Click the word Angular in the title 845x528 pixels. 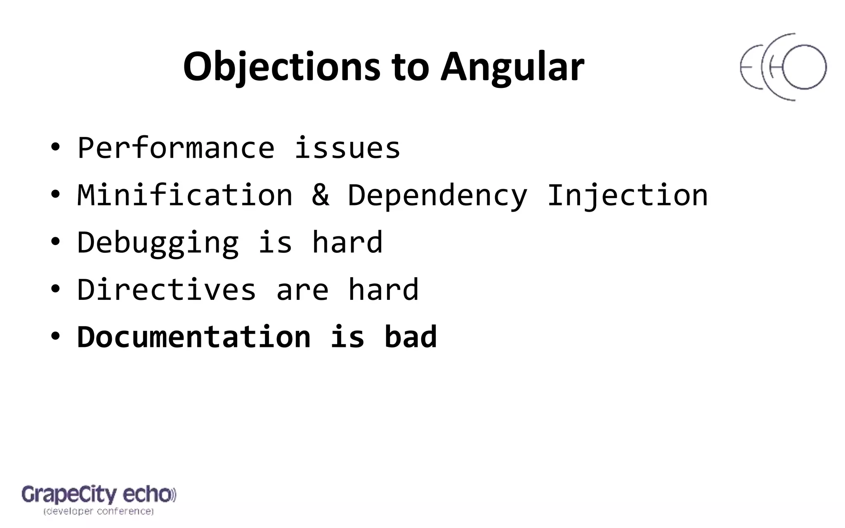click(x=512, y=67)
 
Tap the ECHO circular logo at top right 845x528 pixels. click(x=783, y=67)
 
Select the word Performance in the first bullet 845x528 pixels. click(x=176, y=148)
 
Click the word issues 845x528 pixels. click(x=347, y=148)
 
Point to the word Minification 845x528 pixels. click(x=185, y=195)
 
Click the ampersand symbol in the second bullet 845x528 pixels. click(x=321, y=195)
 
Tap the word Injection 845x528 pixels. click(x=627, y=195)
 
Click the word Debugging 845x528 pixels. click(x=158, y=243)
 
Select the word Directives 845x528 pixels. click(x=167, y=290)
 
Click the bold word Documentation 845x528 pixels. click(x=194, y=337)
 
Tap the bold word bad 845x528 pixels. click(x=410, y=337)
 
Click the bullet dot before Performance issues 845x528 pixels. click(x=55, y=147)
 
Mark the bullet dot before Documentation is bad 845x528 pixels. click(x=55, y=336)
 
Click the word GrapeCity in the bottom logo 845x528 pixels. click(x=69, y=495)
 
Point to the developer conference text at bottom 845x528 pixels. click(x=99, y=511)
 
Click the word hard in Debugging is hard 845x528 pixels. click(x=347, y=243)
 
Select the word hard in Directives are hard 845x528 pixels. click(x=383, y=290)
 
